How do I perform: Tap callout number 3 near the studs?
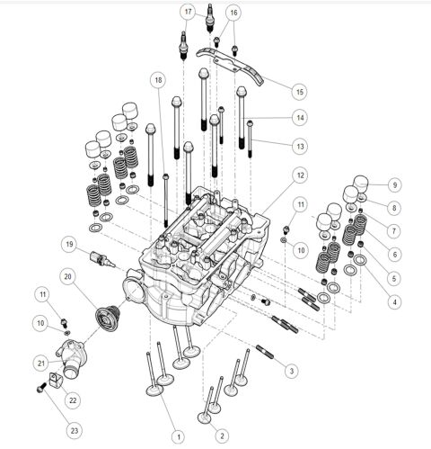click(290, 369)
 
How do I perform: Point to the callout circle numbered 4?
click(393, 301)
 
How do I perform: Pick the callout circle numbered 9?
click(393, 184)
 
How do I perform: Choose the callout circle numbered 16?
click(233, 13)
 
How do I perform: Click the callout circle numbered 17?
click(188, 12)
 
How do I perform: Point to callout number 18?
click(158, 80)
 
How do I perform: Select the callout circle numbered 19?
click(68, 244)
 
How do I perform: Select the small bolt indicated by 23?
click(40, 390)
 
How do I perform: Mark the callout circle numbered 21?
click(41, 362)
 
